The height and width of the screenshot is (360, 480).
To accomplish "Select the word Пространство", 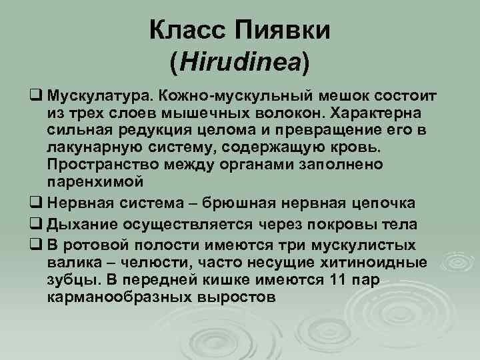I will pos(97,163).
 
